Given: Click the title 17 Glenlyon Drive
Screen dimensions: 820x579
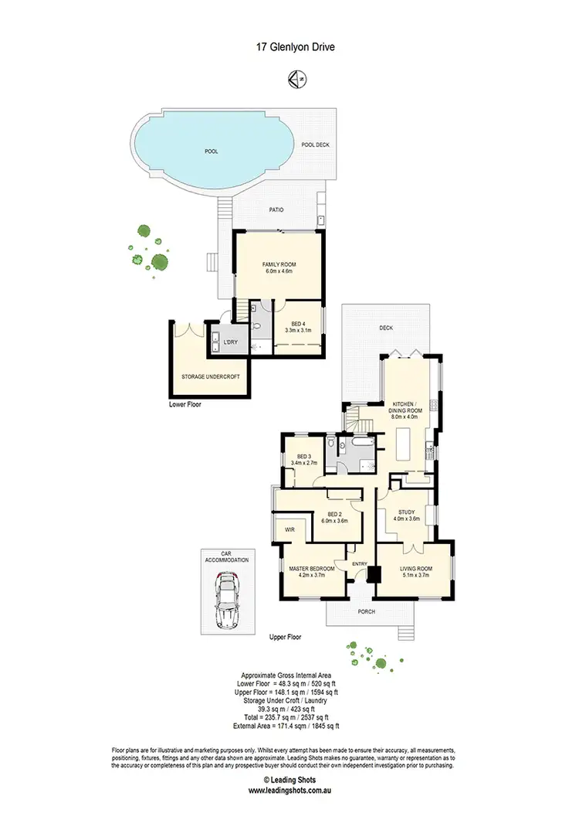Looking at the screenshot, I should [289, 47].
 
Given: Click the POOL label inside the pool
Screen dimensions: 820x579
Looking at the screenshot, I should [211, 151].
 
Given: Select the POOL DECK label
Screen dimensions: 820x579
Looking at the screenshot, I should [316, 145].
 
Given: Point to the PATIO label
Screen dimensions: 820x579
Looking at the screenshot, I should [277, 209].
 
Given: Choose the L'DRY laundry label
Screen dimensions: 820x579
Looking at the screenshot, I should [229, 342].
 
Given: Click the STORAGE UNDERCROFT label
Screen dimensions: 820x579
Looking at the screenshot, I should [211, 376].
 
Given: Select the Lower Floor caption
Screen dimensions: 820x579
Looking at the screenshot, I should [185, 403].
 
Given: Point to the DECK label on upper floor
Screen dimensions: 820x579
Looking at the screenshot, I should [386, 328].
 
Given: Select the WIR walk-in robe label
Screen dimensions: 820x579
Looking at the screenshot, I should [289, 530].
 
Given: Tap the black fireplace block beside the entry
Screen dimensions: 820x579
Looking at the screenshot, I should [374, 575].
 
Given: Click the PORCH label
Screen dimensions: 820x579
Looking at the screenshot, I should [367, 612].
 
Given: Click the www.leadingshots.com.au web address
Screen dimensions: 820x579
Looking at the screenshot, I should [289, 790].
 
